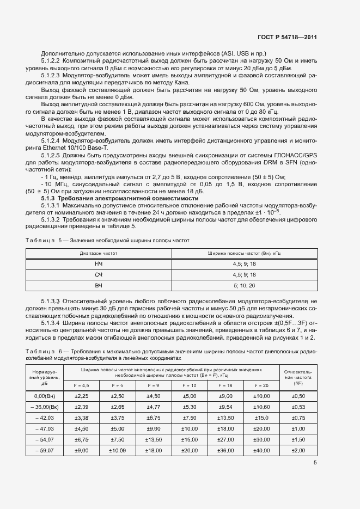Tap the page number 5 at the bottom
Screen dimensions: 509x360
point(315,463)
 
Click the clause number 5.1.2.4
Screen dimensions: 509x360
point(53,141)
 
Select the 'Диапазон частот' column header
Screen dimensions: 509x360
point(99,253)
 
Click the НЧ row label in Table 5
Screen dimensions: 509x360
point(99,264)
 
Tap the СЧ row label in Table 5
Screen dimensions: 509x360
point(99,274)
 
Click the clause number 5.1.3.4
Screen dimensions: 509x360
point(53,323)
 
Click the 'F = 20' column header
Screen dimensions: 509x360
point(261,385)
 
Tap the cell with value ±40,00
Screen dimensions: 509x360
point(261,451)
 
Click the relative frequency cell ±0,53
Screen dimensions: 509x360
point(298,407)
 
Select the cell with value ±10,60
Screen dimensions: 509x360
point(261,407)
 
